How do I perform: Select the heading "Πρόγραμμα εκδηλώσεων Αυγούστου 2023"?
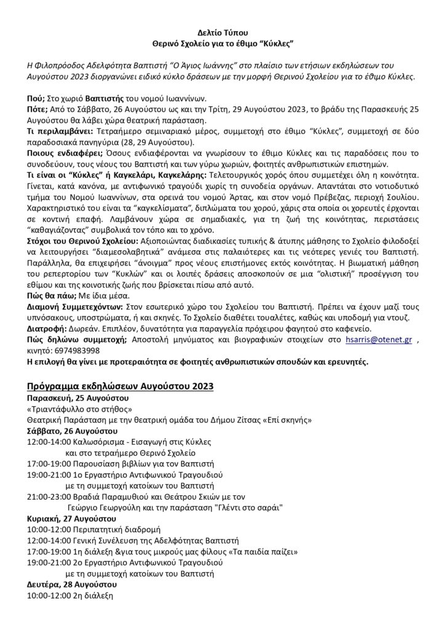point(120,386)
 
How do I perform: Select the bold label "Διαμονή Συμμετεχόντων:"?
point(76,306)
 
